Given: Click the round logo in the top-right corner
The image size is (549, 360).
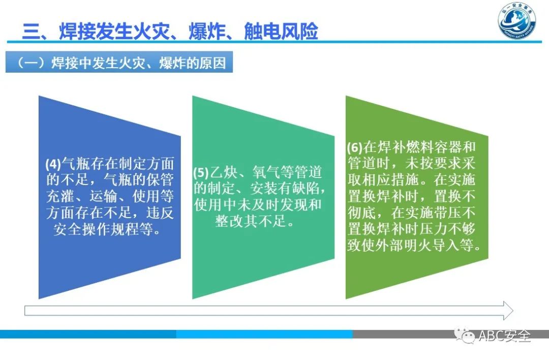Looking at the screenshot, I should [516, 23].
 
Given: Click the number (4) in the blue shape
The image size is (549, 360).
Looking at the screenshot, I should [53, 165].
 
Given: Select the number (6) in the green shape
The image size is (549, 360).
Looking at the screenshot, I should [354, 148].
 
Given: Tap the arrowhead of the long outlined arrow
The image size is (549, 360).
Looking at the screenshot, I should [507, 310].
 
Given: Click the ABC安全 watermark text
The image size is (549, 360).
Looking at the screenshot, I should [504, 336].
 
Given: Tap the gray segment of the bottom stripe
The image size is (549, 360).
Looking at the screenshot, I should [447, 334].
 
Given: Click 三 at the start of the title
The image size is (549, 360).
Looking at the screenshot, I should [32, 31].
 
